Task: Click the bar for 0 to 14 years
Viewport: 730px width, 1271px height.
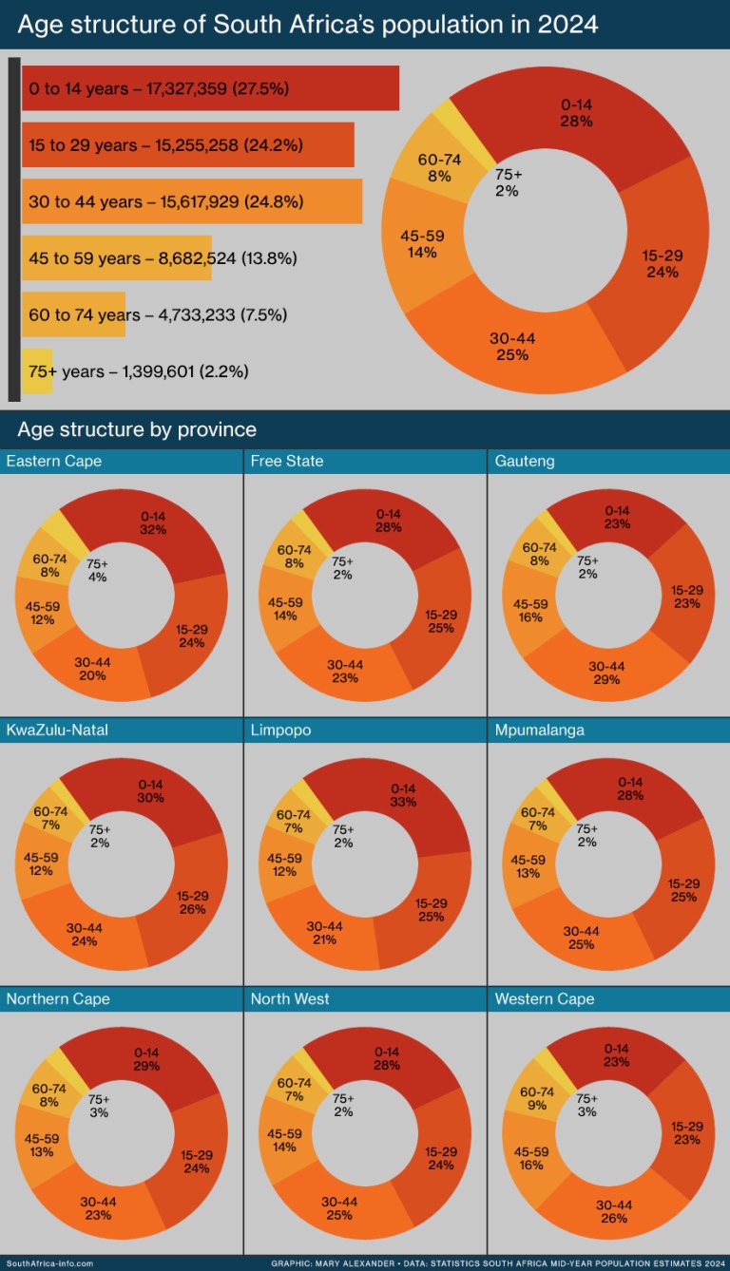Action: (209, 88)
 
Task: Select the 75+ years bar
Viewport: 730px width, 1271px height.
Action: (37, 371)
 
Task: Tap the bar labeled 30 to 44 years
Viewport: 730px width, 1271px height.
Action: (191, 201)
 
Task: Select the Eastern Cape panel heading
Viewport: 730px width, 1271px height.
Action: (54, 462)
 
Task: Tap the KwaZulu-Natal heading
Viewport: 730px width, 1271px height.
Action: (61, 730)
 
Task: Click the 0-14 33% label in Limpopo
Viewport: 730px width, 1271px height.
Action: (403, 795)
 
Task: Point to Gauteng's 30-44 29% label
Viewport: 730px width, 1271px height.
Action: (606, 673)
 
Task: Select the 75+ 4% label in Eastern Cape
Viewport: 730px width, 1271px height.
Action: (98, 569)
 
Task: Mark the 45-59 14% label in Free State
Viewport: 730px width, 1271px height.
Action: (285, 609)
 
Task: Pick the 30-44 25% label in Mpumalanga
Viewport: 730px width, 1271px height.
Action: (581, 938)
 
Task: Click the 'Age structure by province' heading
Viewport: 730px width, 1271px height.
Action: (136, 429)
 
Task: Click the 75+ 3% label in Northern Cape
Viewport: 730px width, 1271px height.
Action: (98, 1106)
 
